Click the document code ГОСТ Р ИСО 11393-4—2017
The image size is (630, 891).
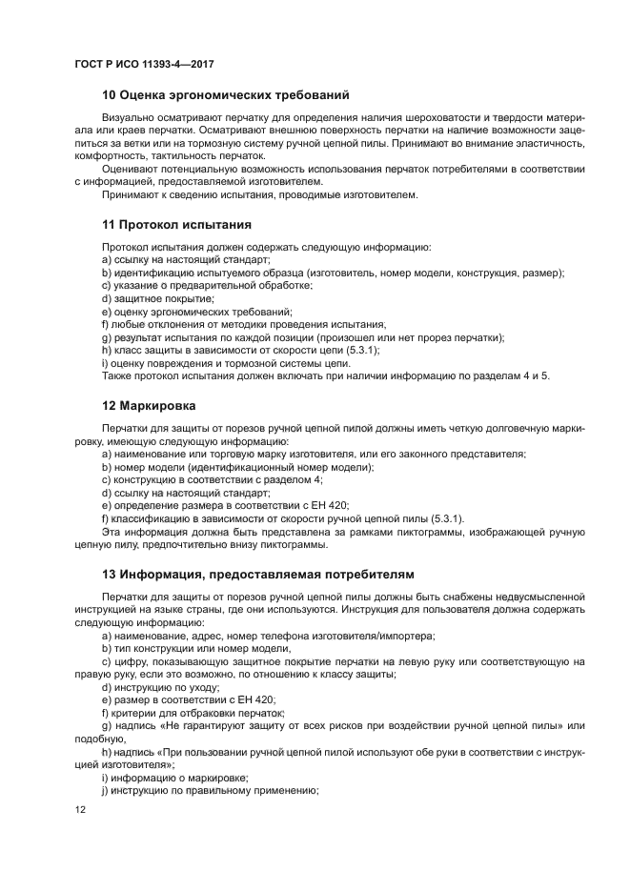(143, 64)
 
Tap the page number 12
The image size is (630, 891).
(80, 809)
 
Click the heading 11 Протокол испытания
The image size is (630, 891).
(176, 225)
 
